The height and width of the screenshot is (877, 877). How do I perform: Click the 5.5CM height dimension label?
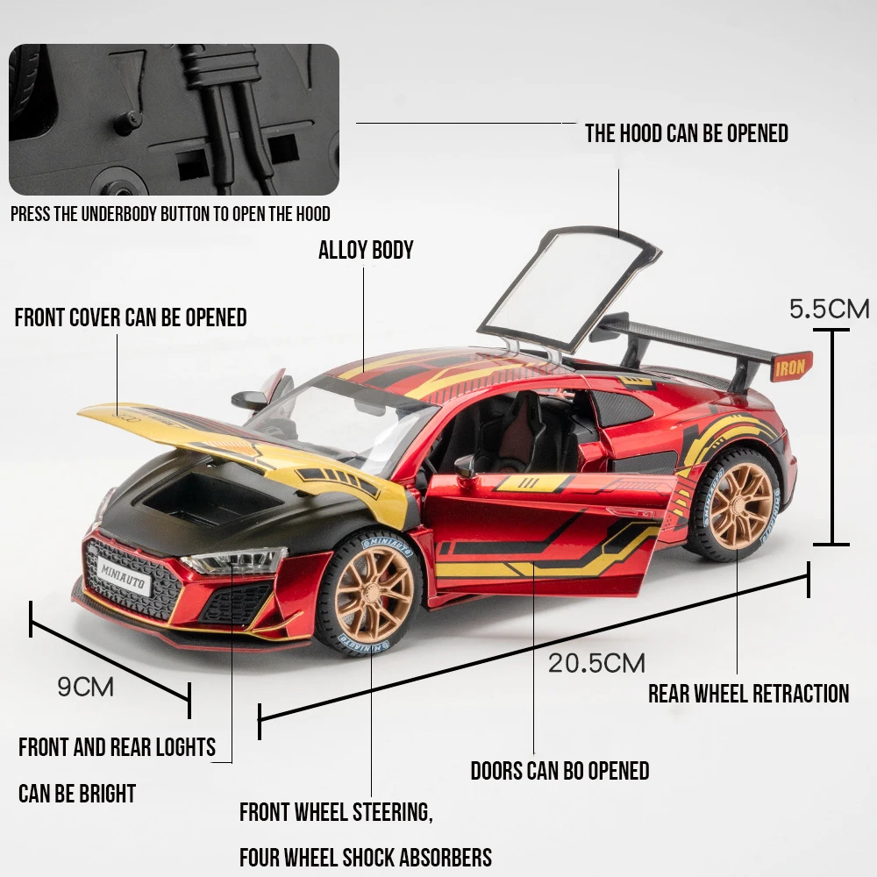829,309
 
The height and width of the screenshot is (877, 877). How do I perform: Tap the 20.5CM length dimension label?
596,662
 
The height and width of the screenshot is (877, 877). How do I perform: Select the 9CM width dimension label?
86,686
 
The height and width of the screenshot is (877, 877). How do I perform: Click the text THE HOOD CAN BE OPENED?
686,133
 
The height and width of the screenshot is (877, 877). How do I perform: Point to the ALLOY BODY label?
366,250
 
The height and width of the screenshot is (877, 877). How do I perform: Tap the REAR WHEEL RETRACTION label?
748,694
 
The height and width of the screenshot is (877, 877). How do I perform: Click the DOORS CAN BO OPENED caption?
560,771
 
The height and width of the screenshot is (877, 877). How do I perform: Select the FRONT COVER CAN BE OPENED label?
131,317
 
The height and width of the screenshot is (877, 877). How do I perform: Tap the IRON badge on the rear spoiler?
790,367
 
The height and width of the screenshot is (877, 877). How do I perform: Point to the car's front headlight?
235,560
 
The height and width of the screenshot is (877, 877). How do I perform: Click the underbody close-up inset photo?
174,119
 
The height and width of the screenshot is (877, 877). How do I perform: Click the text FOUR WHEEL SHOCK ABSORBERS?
366,856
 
